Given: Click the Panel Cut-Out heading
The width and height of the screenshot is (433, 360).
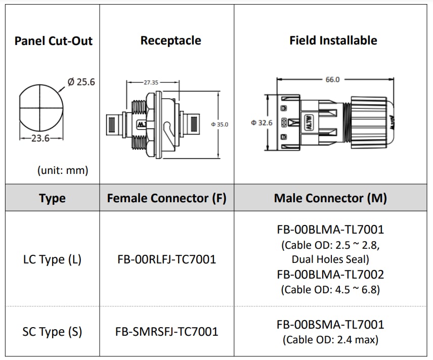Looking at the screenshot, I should point(53,41).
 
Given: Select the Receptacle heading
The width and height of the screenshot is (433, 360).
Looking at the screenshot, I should point(170,40).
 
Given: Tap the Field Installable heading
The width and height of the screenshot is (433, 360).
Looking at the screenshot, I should point(333,40).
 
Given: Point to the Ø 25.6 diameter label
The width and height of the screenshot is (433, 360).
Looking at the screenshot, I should point(81,82).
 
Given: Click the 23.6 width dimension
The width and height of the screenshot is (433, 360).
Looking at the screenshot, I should point(40,138).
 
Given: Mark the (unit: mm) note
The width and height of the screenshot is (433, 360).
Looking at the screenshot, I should point(63,170).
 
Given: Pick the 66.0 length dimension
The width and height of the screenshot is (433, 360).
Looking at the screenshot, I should point(332,79).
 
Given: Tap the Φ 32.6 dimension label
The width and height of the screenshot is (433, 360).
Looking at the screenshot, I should point(262,122).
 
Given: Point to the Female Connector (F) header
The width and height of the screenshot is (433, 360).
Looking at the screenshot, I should point(166,198).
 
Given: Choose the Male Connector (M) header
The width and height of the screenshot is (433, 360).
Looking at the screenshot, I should point(330,198).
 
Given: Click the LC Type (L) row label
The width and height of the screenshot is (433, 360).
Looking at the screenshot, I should point(52,259).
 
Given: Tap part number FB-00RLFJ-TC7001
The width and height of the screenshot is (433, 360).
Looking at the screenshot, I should point(166,259).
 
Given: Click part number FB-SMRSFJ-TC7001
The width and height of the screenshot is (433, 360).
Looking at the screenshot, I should point(166,332).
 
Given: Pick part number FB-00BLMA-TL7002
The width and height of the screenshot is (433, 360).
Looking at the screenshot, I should point(330,275).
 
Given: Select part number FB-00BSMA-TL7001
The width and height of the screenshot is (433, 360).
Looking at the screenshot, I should point(330,325).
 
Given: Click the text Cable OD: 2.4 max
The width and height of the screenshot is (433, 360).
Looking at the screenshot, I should point(330,340).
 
